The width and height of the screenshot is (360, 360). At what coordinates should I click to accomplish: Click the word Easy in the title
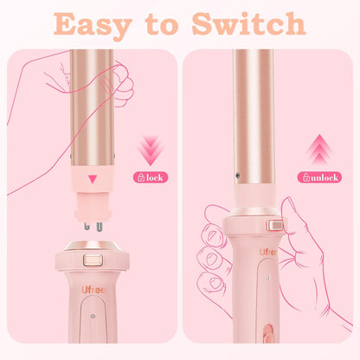click(x=101, y=23)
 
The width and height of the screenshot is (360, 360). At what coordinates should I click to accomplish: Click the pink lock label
click(x=148, y=177)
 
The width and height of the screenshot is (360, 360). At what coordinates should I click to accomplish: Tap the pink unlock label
click(x=319, y=177)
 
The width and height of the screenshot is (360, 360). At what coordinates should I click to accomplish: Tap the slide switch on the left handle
click(x=92, y=260)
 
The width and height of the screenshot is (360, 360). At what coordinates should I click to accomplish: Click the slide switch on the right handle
click(x=276, y=226)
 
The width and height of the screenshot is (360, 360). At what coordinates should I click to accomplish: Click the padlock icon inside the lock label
click(x=139, y=177)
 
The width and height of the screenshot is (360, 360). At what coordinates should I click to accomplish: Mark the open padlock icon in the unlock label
click(x=305, y=177)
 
